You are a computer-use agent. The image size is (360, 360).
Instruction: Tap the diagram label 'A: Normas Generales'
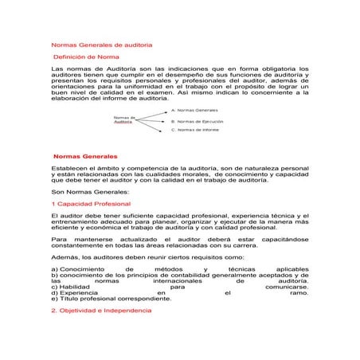[194, 109]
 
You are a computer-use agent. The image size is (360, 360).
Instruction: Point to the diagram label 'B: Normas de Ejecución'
[197, 121]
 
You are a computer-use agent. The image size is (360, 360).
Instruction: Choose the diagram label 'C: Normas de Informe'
[195, 130]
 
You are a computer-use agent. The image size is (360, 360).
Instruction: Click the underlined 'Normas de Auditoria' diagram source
[123, 119]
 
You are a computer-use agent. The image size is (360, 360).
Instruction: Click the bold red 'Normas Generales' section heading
[84, 156]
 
